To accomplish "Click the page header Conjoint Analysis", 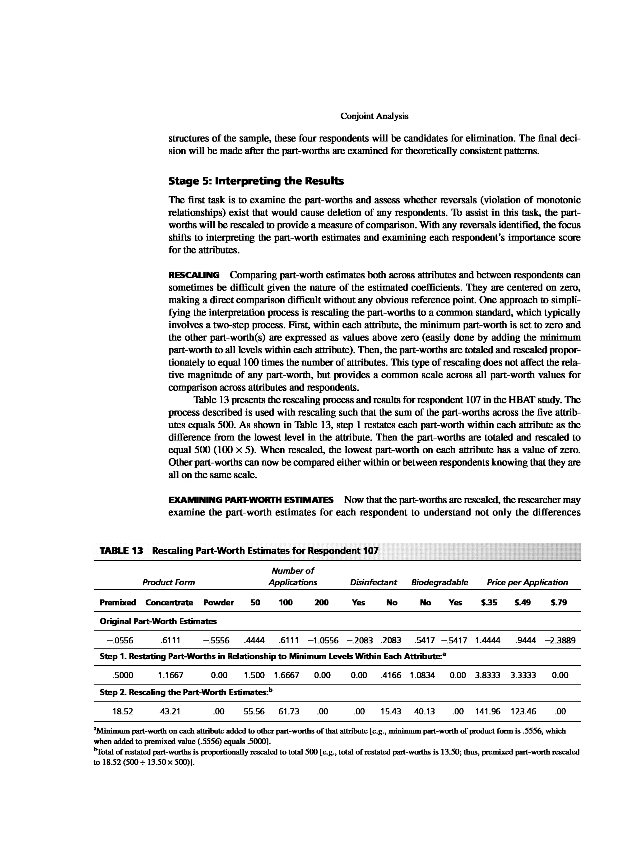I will tap(374, 116).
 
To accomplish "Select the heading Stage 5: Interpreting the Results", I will tap(256, 181).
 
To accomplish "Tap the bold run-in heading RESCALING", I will tap(194, 275).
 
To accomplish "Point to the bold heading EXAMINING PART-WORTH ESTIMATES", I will tap(251, 500).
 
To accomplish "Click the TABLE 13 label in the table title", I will tap(121, 550).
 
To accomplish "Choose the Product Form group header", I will tap(169, 582).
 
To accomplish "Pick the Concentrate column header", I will tap(169, 603).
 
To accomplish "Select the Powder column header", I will tap(218, 603).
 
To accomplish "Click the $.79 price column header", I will tap(559, 603).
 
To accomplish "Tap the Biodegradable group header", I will tap(439, 582).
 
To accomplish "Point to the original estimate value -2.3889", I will tap(560, 641).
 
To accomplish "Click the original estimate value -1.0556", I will tap(323, 641).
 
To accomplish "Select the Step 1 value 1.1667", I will tap(171, 675).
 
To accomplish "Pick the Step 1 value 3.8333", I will tap(488, 675).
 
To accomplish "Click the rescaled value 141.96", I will tap(488, 711).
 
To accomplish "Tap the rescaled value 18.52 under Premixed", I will tap(123, 711).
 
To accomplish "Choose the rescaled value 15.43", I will tap(391, 711).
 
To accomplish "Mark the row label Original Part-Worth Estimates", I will tap(158, 621).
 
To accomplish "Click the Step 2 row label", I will tap(186, 692).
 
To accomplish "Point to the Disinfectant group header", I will tap(373, 582).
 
